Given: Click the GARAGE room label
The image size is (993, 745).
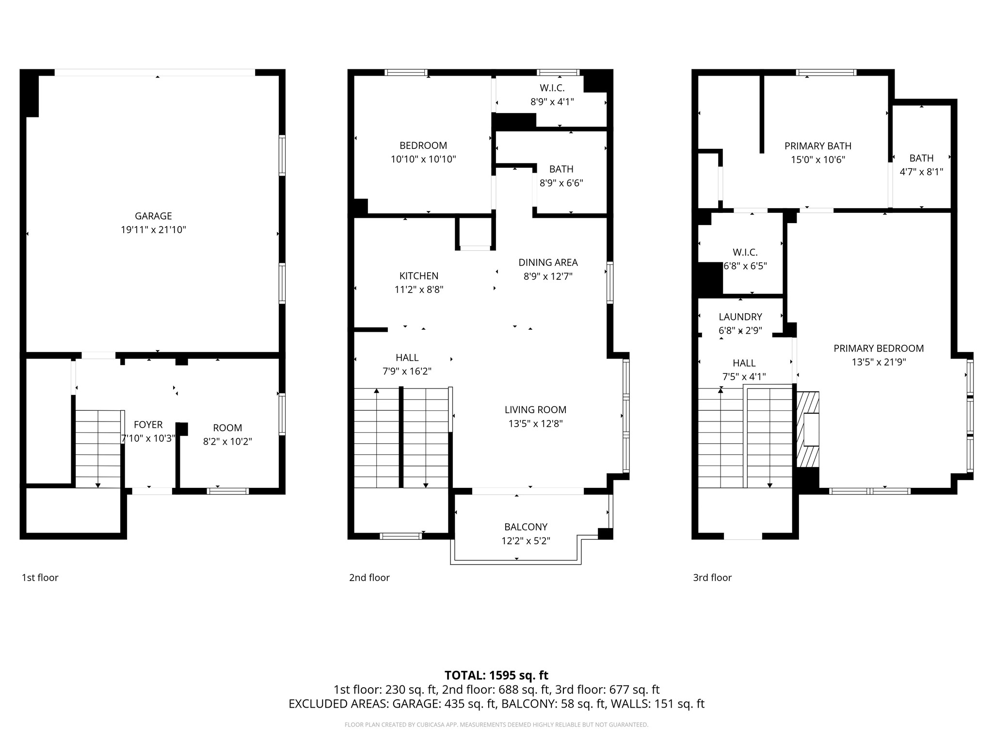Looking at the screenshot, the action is tap(153, 216).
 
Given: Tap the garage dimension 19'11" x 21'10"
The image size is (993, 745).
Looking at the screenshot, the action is tap(153, 230).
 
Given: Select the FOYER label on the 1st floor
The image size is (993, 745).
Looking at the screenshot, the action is tap(148, 425).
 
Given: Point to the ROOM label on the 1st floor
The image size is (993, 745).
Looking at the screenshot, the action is tap(227, 428).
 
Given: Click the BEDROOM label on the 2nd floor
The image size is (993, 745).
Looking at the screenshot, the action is tap(423, 146).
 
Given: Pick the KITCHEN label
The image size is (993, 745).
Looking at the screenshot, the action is tap(419, 276).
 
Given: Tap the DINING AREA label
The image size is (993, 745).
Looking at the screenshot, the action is tap(548, 262).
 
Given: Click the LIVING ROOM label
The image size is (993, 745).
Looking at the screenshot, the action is tap(535, 410).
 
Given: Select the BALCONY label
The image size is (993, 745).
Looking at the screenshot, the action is tap(526, 527).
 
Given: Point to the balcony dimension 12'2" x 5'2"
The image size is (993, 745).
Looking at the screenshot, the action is tap(526, 541).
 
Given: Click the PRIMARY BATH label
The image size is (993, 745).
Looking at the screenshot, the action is tap(818, 146).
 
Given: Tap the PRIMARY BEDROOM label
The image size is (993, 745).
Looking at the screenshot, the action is tap(879, 348).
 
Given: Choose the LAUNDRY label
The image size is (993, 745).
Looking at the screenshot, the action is tap(740, 317).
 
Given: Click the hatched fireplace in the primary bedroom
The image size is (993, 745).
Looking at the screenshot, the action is tap(808, 429).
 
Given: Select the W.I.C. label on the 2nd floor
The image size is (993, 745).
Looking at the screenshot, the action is tap(552, 88).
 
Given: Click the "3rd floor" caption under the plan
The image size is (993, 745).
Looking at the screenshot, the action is tap(712, 578).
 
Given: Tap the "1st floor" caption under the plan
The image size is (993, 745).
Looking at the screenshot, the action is tap(40, 578).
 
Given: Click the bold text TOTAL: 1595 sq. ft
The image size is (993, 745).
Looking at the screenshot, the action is tap(496, 675).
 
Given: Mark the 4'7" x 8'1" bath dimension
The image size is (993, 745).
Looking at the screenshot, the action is tap(921, 172).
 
